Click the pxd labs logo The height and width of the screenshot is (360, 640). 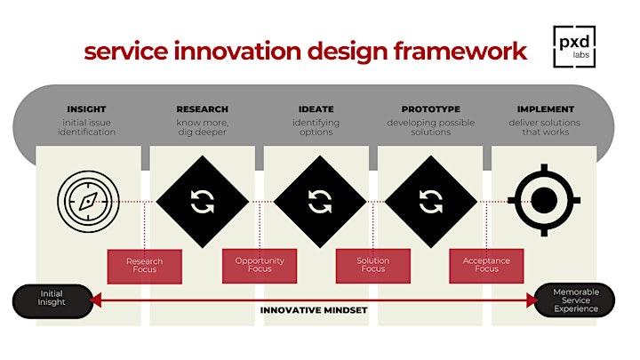574,46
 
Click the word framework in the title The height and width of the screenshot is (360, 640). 460,52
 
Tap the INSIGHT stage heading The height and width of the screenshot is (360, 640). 86,109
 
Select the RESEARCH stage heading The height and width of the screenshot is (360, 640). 202,109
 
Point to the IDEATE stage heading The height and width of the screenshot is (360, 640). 316,109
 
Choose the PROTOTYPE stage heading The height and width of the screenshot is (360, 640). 430,109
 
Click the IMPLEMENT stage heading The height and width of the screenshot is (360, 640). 545,109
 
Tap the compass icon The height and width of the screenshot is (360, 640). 88,202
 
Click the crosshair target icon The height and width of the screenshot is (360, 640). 544,200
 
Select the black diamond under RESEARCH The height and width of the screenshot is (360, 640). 203,202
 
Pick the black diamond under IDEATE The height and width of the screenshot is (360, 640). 320,202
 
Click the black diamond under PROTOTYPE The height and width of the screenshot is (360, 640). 431,202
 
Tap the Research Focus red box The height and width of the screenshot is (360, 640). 145,267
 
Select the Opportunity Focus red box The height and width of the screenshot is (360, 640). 260,266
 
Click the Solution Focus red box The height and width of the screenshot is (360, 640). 373,266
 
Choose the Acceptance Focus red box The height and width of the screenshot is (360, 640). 486,266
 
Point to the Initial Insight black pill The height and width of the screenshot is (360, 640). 52,301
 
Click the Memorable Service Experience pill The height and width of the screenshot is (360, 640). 574,300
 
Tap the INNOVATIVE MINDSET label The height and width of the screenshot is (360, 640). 314,310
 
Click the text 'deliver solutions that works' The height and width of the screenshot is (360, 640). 545,127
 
